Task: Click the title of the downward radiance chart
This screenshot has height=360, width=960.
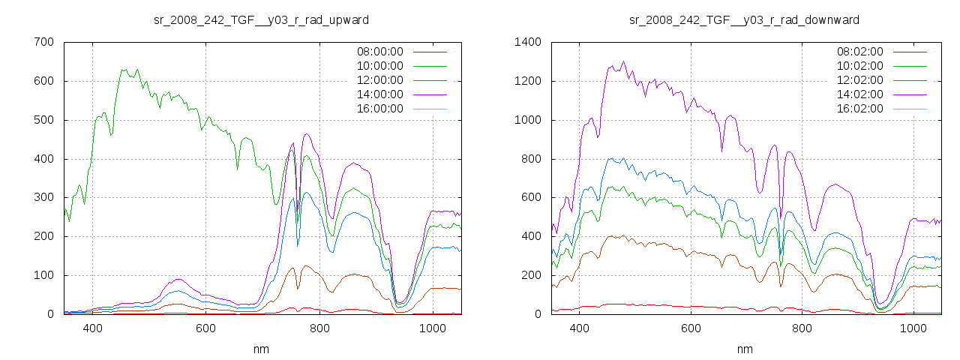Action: tap(744, 19)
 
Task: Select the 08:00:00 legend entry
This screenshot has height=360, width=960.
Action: tap(379, 52)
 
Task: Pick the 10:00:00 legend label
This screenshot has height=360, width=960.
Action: tap(379, 66)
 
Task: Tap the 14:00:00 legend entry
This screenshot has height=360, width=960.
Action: tap(379, 94)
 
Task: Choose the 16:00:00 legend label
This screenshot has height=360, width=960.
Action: tap(379, 109)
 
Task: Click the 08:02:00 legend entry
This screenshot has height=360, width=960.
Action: tap(859, 52)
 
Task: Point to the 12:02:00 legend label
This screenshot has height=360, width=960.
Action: tap(859, 80)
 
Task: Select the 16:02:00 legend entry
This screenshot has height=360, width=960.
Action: tap(859, 109)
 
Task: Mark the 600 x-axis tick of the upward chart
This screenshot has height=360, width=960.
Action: tap(206, 328)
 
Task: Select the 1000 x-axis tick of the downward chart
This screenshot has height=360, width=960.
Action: tap(913, 328)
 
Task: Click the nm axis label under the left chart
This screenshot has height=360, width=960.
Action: tap(261, 349)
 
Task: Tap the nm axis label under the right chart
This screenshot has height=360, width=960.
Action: tap(744, 349)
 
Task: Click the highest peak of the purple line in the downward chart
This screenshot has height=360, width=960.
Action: tap(623, 61)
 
